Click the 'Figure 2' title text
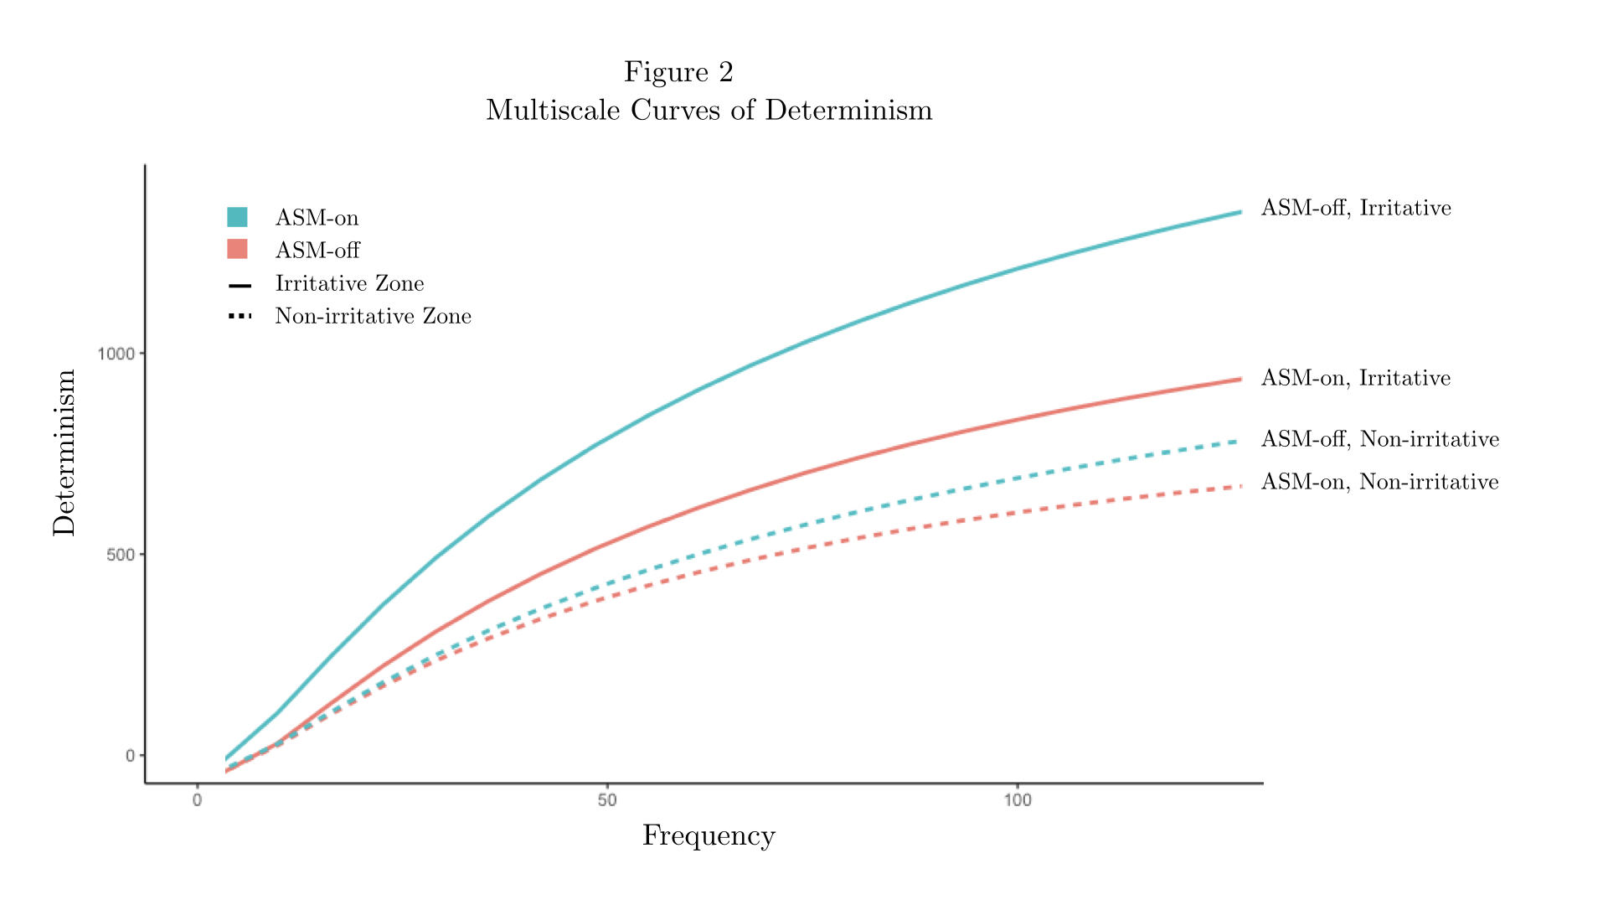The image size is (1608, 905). tap(678, 72)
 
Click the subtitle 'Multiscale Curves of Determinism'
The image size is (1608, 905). tap(709, 110)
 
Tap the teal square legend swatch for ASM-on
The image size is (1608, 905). tap(237, 217)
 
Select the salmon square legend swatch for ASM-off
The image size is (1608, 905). tap(237, 250)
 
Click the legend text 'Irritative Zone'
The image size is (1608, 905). tap(349, 283)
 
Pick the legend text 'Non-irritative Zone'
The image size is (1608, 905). tap(373, 316)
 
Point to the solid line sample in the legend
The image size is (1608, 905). tap(240, 286)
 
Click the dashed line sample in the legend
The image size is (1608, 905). tap(240, 316)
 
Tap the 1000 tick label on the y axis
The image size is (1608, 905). tap(116, 354)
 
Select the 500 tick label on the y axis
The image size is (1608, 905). tap(121, 555)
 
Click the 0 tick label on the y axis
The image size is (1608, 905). tap(130, 756)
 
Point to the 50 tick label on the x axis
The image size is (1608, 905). tap(607, 800)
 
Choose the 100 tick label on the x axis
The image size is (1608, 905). tap(1018, 800)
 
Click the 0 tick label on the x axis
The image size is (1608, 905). tap(198, 800)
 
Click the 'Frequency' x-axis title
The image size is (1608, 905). tap(709, 835)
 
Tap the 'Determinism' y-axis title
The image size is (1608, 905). tap(64, 452)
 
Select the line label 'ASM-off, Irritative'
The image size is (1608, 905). tap(1356, 208)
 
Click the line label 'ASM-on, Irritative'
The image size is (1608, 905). tap(1355, 378)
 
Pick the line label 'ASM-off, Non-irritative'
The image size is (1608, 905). tap(1379, 439)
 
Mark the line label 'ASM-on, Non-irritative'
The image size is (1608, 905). tap(1379, 482)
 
